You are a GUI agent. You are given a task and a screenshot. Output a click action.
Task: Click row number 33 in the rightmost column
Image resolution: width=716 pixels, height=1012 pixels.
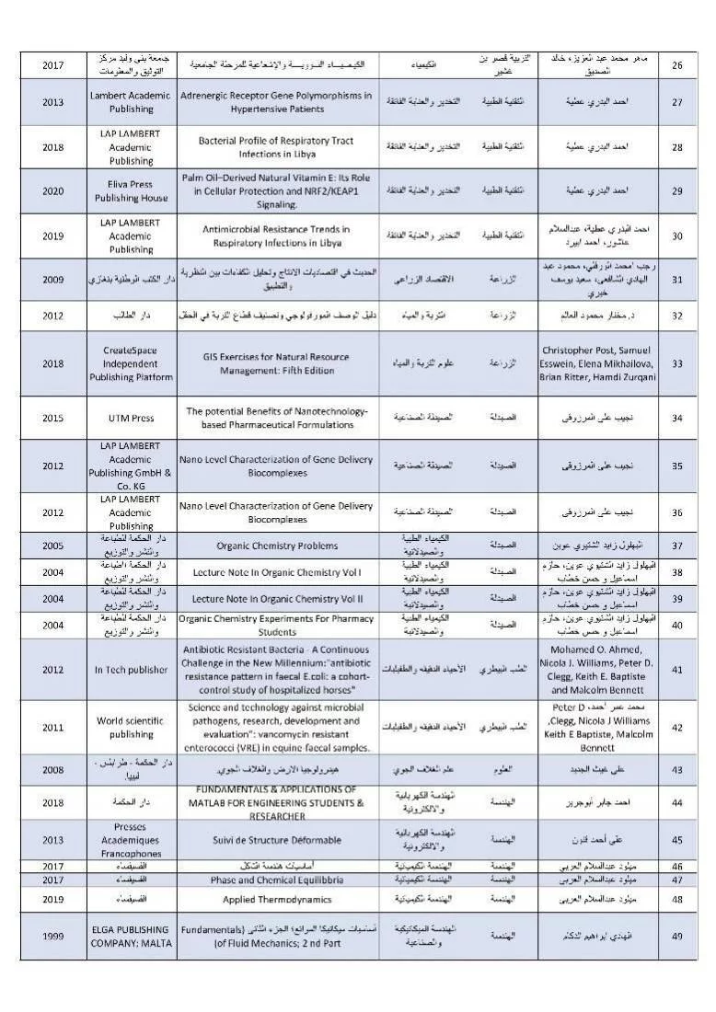(x=676, y=363)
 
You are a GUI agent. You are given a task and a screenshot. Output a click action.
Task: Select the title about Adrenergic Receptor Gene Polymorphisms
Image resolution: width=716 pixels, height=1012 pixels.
(x=276, y=101)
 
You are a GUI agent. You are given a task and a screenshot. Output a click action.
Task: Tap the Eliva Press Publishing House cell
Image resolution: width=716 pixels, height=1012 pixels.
(x=130, y=191)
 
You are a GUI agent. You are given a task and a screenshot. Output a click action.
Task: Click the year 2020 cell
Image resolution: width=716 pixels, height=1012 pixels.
(x=53, y=191)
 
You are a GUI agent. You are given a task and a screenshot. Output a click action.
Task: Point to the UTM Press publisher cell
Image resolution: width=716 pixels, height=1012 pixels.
(x=130, y=418)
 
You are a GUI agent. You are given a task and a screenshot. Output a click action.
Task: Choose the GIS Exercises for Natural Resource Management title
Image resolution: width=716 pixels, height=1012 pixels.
(x=276, y=363)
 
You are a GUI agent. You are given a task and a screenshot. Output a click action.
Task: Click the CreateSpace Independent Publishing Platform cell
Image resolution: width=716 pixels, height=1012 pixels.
(x=130, y=363)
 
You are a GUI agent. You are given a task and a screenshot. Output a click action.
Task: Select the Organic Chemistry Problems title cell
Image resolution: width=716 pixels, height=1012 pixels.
(x=276, y=545)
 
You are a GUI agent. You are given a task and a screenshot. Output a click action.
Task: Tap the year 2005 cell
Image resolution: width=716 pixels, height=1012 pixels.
(x=53, y=545)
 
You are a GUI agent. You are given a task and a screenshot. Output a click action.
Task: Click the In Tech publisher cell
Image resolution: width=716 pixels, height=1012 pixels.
(x=130, y=670)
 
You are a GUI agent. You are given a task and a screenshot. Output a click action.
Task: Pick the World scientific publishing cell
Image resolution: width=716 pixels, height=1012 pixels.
(x=130, y=728)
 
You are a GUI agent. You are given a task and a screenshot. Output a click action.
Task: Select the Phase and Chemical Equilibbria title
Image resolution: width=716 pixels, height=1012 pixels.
(x=276, y=880)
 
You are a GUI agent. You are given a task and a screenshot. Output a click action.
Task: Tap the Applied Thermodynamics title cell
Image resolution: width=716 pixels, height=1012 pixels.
(x=276, y=898)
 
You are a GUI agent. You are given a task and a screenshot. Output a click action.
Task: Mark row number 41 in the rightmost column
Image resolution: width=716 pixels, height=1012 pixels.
(x=676, y=670)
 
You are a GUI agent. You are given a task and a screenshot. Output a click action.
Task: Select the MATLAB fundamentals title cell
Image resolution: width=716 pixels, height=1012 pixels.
(x=276, y=802)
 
